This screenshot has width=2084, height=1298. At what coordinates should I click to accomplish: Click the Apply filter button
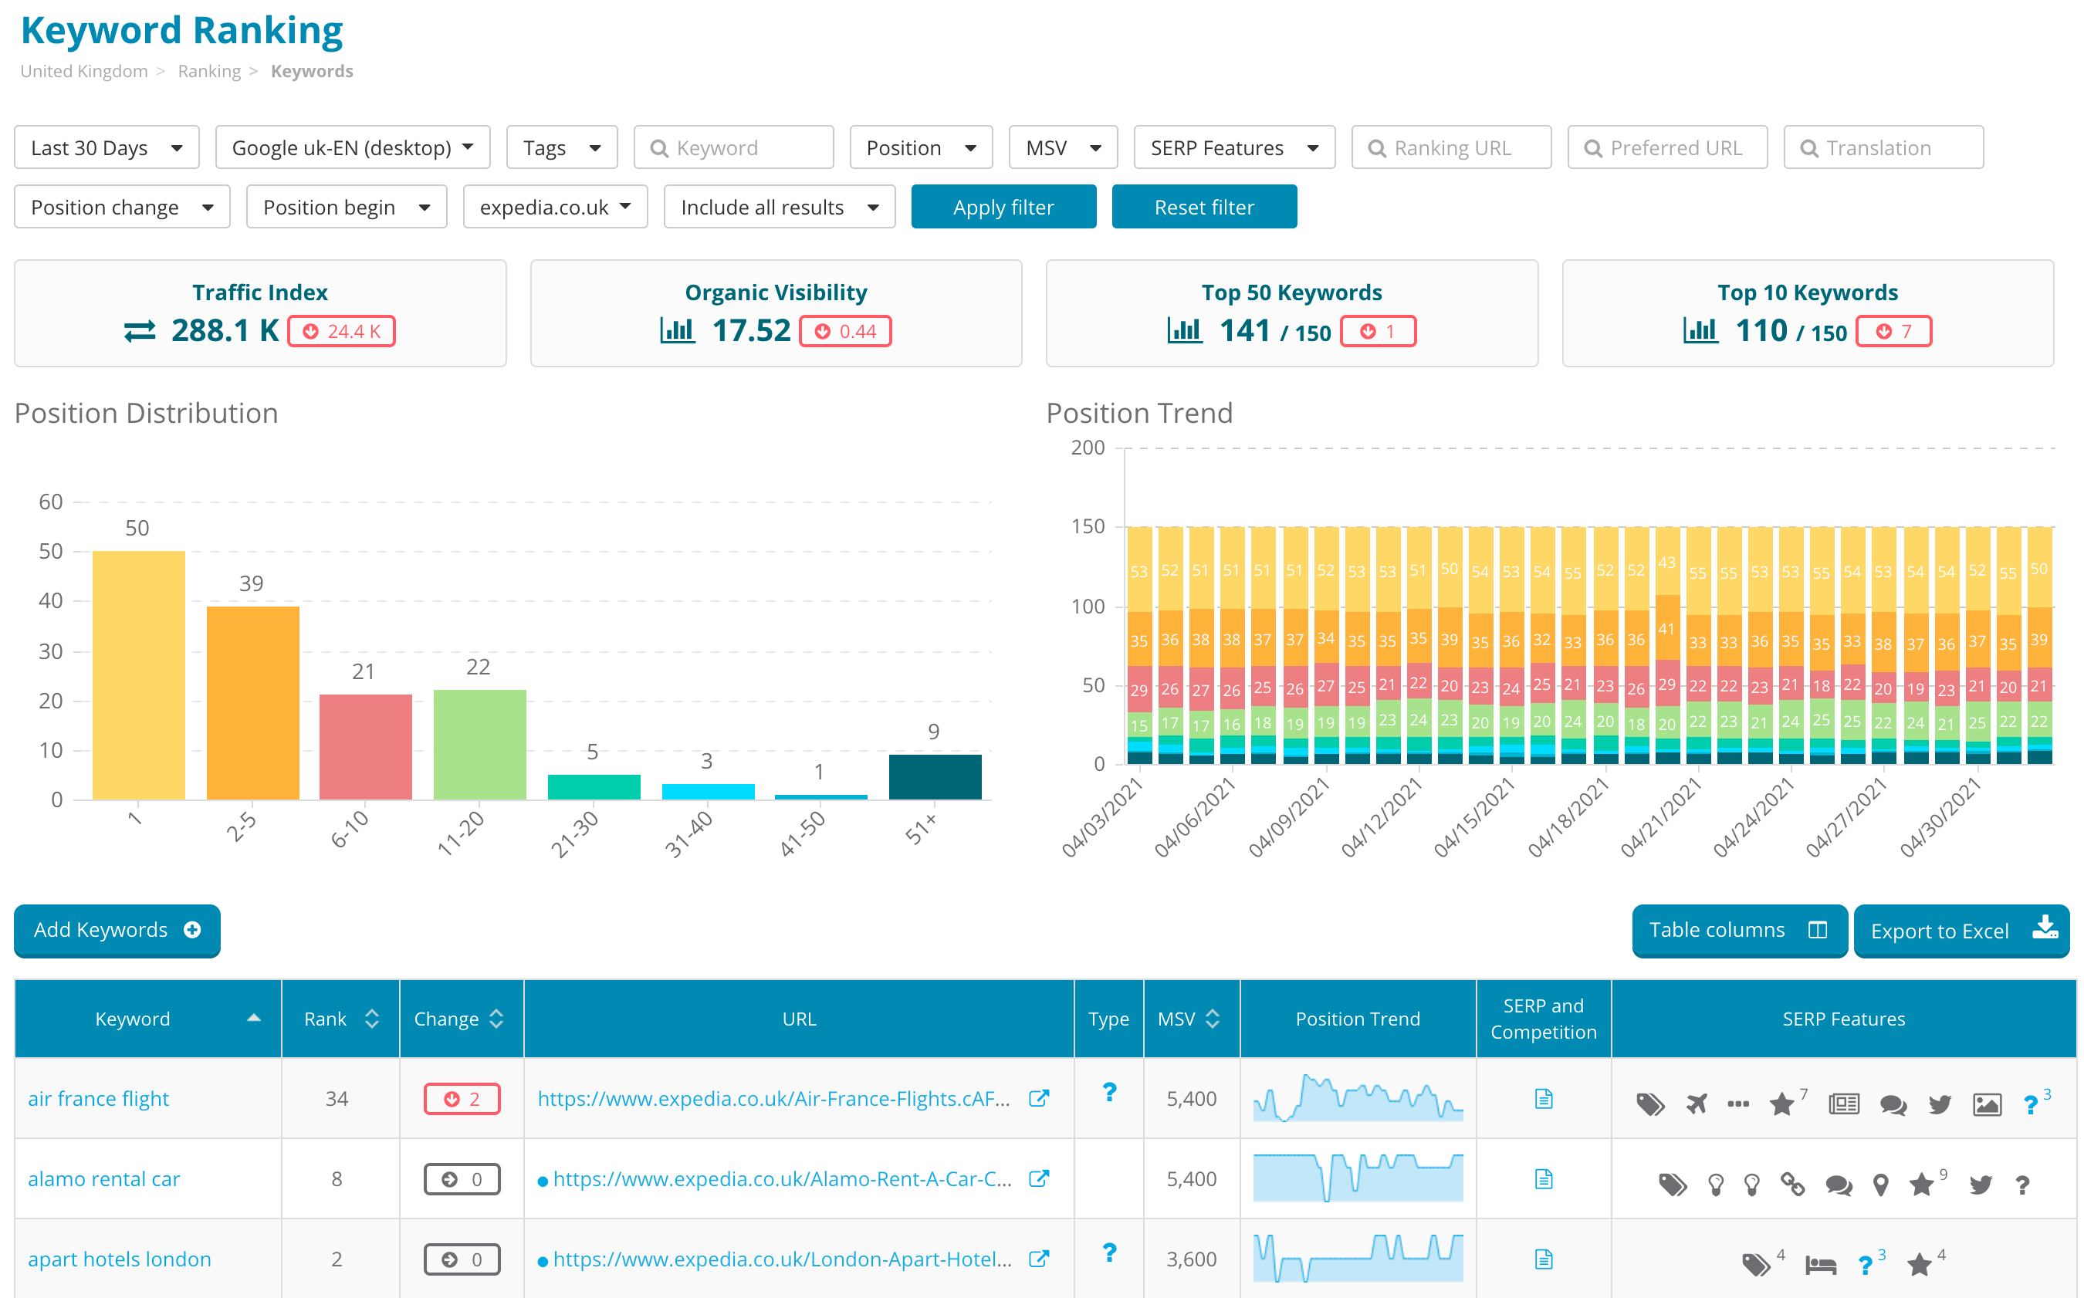(x=1003, y=207)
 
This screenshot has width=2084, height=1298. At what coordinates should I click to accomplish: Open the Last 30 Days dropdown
(x=107, y=147)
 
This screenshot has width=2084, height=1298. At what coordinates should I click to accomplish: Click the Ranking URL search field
(x=1451, y=147)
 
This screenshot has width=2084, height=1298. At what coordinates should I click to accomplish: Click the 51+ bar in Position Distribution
(x=934, y=776)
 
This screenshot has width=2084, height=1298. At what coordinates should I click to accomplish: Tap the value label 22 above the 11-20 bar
(x=479, y=667)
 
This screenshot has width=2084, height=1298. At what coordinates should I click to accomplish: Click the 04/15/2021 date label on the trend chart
(x=1473, y=818)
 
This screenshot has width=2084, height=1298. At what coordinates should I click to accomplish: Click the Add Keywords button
(x=117, y=930)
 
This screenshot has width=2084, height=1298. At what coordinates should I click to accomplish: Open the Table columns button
(x=1738, y=930)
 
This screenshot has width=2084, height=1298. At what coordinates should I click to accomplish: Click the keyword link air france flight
(x=98, y=1098)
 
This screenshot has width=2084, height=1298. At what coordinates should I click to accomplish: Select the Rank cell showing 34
(x=337, y=1098)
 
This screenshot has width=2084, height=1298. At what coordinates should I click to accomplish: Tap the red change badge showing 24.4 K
(x=341, y=331)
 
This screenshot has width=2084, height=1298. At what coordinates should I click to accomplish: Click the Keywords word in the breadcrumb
(x=312, y=71)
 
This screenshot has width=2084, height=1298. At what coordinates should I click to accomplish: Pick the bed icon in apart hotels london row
(x=1819, y=1265)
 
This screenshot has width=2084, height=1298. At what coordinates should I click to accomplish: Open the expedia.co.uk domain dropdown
(x=555, y=207)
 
